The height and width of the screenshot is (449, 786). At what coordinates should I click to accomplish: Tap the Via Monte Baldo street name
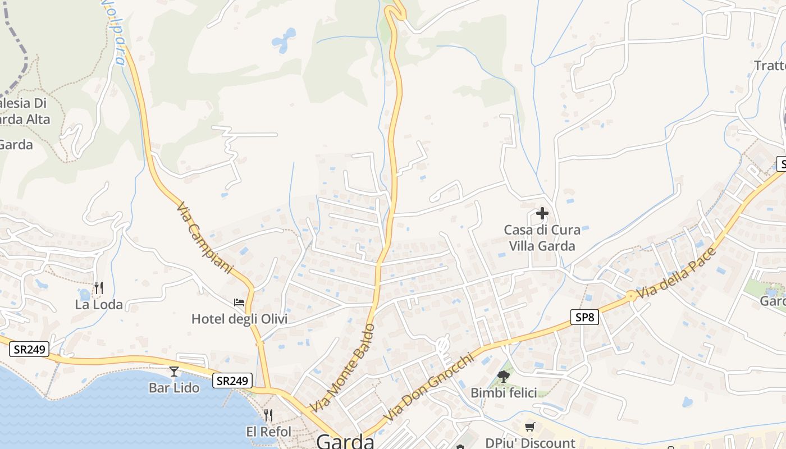click(342, 368)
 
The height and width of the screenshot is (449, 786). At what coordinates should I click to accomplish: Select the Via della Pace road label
click(678, 273)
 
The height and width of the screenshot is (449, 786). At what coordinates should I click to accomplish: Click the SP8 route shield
click(584, 317)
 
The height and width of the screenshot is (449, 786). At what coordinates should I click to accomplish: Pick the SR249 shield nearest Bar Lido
click(232, 381)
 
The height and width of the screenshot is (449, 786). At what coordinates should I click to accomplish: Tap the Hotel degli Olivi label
click(239, 319)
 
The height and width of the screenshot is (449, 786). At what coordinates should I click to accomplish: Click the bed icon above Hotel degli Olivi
click(239, 303)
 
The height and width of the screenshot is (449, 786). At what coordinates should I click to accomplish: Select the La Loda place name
click(99, 305)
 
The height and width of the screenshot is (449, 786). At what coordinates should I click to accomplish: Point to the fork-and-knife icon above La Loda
click(99, 288)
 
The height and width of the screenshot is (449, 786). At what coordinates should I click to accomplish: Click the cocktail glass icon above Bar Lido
click(174, 371)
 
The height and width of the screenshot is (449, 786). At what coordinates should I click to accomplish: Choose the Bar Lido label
click(174, 388)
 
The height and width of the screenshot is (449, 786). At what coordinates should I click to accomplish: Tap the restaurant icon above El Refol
click(268, 415)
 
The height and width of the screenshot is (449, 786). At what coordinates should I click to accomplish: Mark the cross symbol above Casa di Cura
click(542, 213)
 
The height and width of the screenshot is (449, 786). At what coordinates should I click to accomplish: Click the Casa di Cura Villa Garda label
click(542, 238)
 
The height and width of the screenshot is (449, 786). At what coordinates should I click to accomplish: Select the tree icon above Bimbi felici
click(503, 377)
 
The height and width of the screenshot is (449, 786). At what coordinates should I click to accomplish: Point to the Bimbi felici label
click(504, 393)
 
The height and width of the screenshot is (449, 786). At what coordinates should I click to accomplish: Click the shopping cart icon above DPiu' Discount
click(530, 427)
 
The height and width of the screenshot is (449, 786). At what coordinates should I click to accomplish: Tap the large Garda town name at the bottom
click(345, 441)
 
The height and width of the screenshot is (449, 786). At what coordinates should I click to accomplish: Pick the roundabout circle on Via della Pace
click(632, 295)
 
